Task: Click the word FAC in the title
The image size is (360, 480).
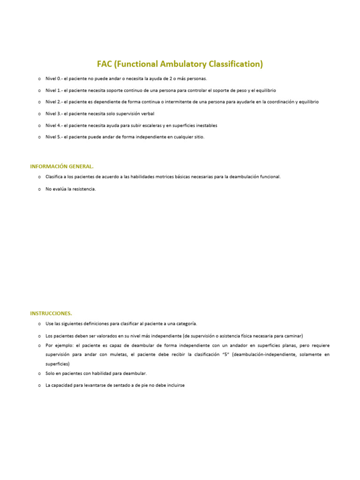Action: pos(106,64)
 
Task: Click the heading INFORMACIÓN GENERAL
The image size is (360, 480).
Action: pos(62,166)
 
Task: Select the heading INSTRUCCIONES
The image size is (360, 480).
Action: pos(51,313)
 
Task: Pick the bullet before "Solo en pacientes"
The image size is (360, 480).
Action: pos(39,374)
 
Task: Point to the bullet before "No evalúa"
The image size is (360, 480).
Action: pos(39,189)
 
